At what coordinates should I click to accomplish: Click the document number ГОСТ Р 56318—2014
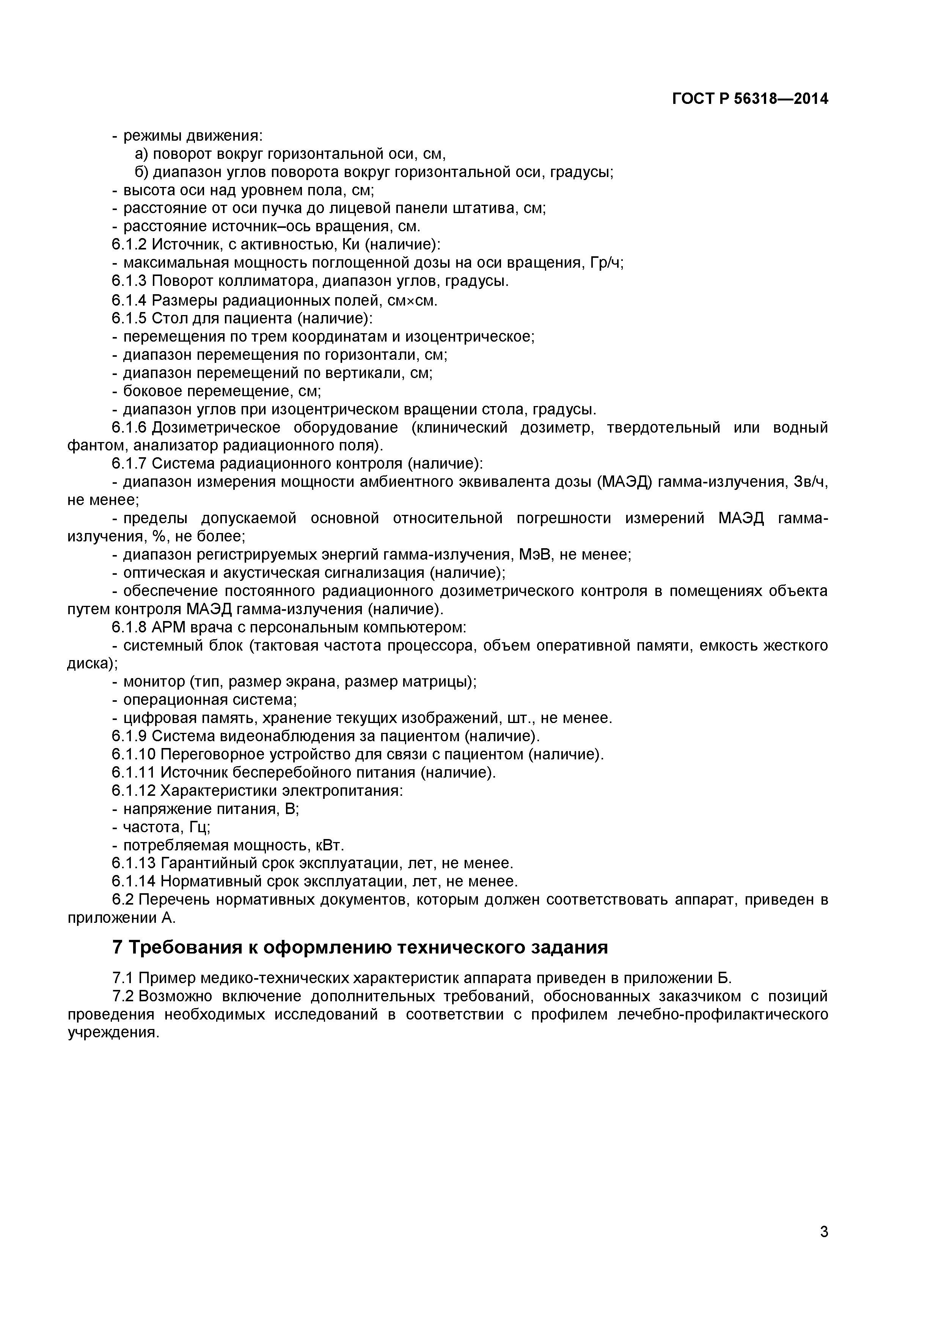point(750,99)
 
